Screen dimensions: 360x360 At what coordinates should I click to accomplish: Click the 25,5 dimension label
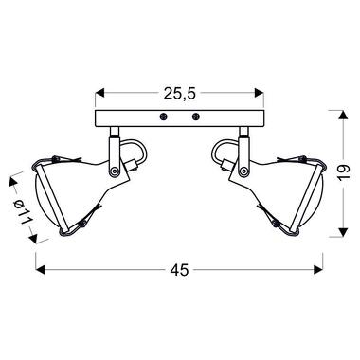pyautogui.click(x=180, y=94)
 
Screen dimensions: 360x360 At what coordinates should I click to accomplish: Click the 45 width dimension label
pyautogui.click(x=179, y=270)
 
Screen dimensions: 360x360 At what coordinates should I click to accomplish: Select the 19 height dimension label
pyautogui.click(x=344, y=172)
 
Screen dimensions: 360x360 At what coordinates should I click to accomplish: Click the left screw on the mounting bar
pyautogui.click(x=163, y=117)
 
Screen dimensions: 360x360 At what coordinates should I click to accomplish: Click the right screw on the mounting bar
pyautogui.click(x=196, y=117)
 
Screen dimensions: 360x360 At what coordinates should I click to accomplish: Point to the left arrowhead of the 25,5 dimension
pyautogui.click(x=99, y=93)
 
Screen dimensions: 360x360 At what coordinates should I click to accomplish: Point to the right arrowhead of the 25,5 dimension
pyautogui.click(x=260, y=93)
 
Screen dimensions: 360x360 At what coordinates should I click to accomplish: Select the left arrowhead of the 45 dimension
pyautogui.click(x=40, y=269)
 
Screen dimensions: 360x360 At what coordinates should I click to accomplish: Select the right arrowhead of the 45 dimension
pyautogui.click(x=318, y=269)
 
